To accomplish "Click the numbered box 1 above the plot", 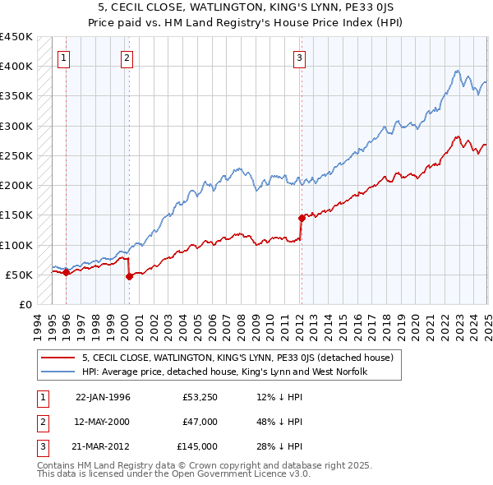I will click(x=64, y=58).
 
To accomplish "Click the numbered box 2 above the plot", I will click(x=127, y=58).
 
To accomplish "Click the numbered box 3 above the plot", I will click(x=300, y=58).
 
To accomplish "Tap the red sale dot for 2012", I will click(x=302, y=218).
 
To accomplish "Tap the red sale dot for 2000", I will click(x=129, y=276).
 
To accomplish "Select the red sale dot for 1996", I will click(x=67, y=272).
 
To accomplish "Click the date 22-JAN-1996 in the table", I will click(x=103, y=397).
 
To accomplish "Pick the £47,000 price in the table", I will click(x=200, y=422).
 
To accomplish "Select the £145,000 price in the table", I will click(x=197, y=446).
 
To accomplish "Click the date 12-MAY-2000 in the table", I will click(x=103, y=422).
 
